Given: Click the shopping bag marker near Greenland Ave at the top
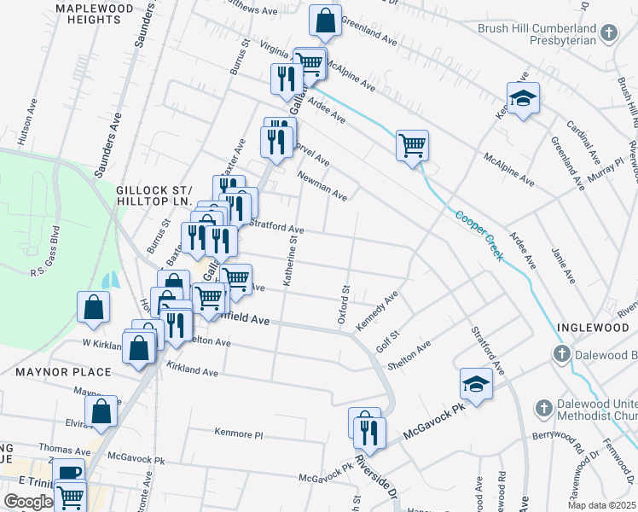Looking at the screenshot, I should tap(325, 21).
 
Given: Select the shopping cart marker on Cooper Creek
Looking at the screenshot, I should tap(412, 145).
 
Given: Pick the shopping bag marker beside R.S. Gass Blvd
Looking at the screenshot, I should tap(93, 307).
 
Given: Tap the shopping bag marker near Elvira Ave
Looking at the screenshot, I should tap(101, 411).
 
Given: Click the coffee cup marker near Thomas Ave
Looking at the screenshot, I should tap(68, 473).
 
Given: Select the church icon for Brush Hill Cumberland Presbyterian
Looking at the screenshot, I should tap(608, 33).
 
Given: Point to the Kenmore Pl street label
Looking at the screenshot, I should tap(240, 433).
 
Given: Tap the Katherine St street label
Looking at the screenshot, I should tap(292, 262).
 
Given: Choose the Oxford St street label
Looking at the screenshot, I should tap(346, 305).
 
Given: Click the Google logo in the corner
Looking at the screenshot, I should tap(28, 502).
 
